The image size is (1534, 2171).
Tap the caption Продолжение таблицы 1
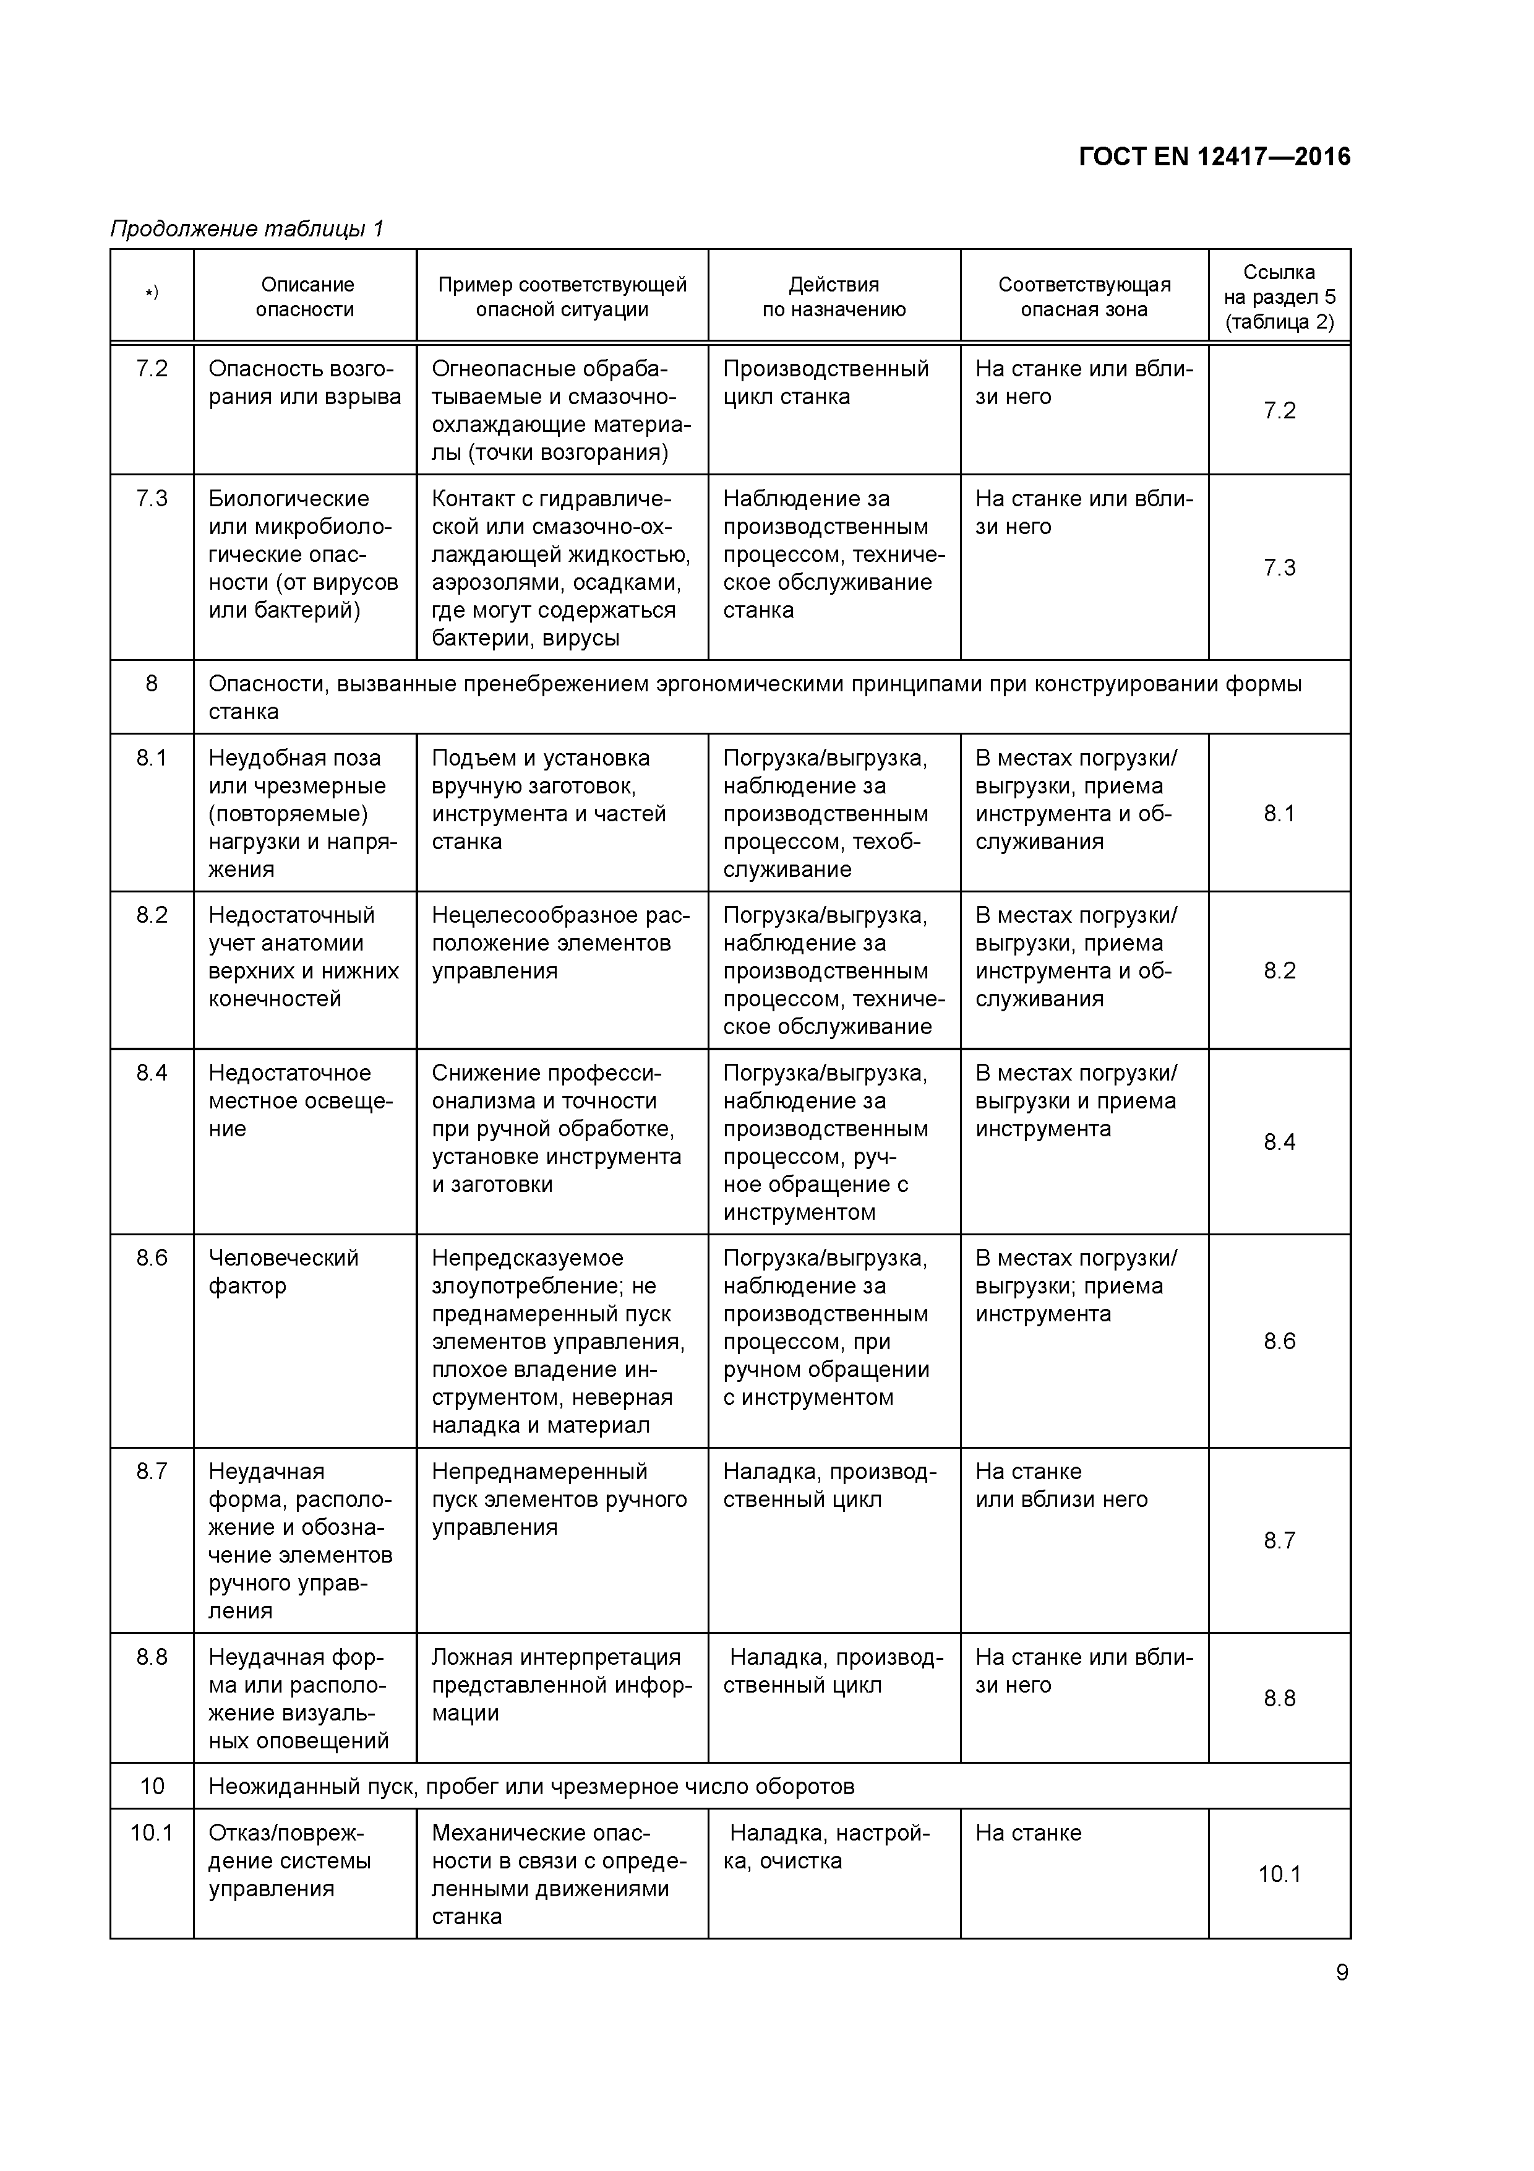tap(247, 229)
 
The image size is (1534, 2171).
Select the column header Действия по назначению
tap(834, 297)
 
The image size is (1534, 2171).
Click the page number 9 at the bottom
tap(1341, 1972)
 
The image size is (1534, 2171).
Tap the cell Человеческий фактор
tap(283, 1272)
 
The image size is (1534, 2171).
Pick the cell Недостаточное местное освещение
tap(301, 1100)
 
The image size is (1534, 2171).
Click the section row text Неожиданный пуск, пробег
tap(531, 1786)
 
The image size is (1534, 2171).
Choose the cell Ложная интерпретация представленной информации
tap(562, 1685)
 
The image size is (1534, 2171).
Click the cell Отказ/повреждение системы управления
tap(289, 1861)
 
